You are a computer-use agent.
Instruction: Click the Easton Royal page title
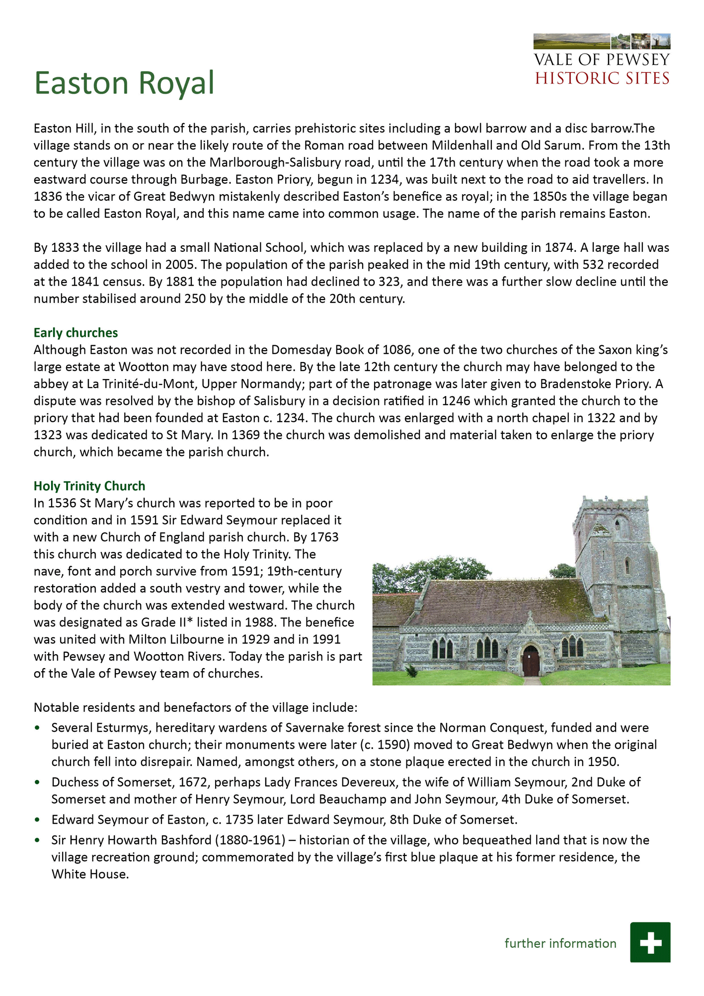pyautogui.click(x=124, y=83)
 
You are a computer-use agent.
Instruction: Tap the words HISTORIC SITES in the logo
pyautogui.click(x=602, y=78)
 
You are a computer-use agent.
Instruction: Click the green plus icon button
pyautogui.click(x=650, y=942)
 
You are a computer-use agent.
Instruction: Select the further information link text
pyautogui.click(x=560, y=943)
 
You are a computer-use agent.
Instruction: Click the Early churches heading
pyautogui.click(x=76, y=333)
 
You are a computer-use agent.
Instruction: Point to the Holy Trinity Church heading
pyautogui.click(x=89, y=486)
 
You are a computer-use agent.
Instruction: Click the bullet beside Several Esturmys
pyautogui.click(x=37, y=728)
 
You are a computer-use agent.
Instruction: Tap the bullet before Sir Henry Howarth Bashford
pyautogui.click(x=37, y=840)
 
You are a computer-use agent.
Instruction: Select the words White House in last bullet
pyautogui.click(x=90, y=874)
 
